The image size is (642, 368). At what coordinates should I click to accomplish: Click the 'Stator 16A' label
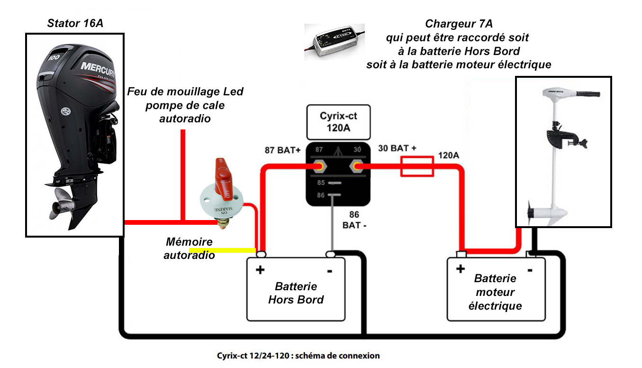75,23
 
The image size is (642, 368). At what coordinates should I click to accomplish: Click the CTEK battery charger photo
334,42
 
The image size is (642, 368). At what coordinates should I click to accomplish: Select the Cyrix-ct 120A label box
338,122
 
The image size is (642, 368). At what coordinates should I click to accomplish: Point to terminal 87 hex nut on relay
319,166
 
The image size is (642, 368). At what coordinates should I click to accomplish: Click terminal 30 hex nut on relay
357,166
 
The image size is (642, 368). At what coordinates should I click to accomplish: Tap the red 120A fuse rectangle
417,166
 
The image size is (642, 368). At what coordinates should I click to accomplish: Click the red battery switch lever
223,178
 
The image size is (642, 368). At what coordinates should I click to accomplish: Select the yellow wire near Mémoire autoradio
222,250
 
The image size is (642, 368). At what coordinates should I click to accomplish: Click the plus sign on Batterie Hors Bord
260,270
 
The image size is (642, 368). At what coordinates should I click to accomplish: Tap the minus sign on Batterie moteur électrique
530,270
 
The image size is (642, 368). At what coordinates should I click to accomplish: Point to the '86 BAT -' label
354,220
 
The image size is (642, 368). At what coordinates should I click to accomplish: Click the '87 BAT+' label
282,150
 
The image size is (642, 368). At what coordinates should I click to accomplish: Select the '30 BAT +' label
397,148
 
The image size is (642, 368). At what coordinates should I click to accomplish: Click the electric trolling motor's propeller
530,212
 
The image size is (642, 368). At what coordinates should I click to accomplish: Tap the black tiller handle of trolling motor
588,94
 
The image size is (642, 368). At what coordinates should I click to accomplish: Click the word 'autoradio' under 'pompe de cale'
185,119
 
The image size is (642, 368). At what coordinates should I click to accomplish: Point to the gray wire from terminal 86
332,223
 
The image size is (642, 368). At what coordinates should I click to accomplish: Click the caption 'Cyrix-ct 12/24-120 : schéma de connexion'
298,356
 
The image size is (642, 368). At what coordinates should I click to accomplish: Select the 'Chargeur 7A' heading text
459,24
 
